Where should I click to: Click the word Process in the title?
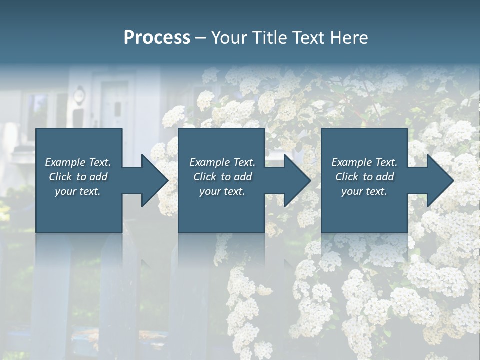coord(157,37)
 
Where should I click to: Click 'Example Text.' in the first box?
coord(78,162)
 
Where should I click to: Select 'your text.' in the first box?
coord(78,191)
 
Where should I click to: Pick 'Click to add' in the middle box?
coord(222,177)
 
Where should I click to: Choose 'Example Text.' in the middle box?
coord(222,162)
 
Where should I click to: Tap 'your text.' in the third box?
coord(364,191)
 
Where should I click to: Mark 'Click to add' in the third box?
coord(364,177)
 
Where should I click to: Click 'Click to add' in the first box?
coord(78,177)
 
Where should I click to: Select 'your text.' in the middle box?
coord(222,191)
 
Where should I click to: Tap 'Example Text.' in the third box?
coord(364,162)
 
